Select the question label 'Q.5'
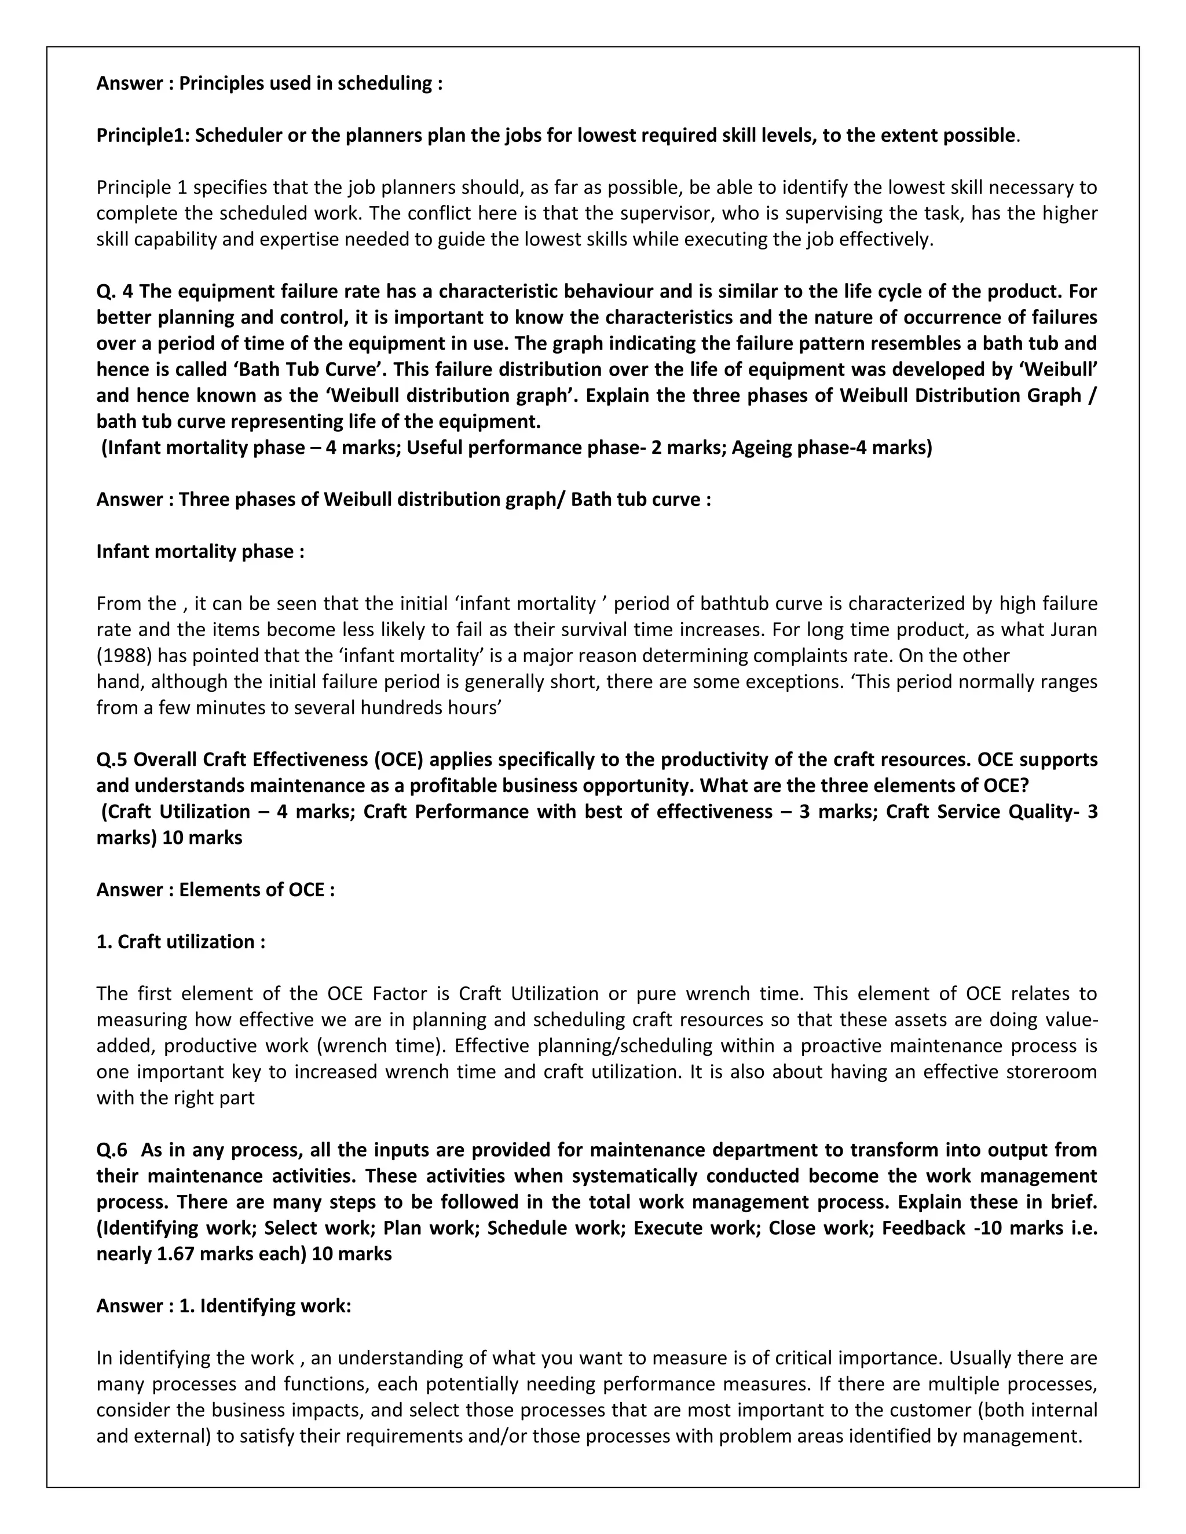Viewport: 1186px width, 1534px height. coord(112,760)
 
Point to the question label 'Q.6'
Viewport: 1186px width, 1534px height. coord(112,1150)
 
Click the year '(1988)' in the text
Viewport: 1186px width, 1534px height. coord(125,655)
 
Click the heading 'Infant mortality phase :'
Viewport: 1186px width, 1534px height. coord(200,551)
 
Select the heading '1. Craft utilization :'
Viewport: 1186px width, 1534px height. coord(181,942)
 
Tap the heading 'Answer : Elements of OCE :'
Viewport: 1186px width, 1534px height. coord(215,890)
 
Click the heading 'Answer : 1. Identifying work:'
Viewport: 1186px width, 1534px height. coord(224,1306)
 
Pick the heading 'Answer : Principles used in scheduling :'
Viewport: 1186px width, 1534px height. coord(269,83)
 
